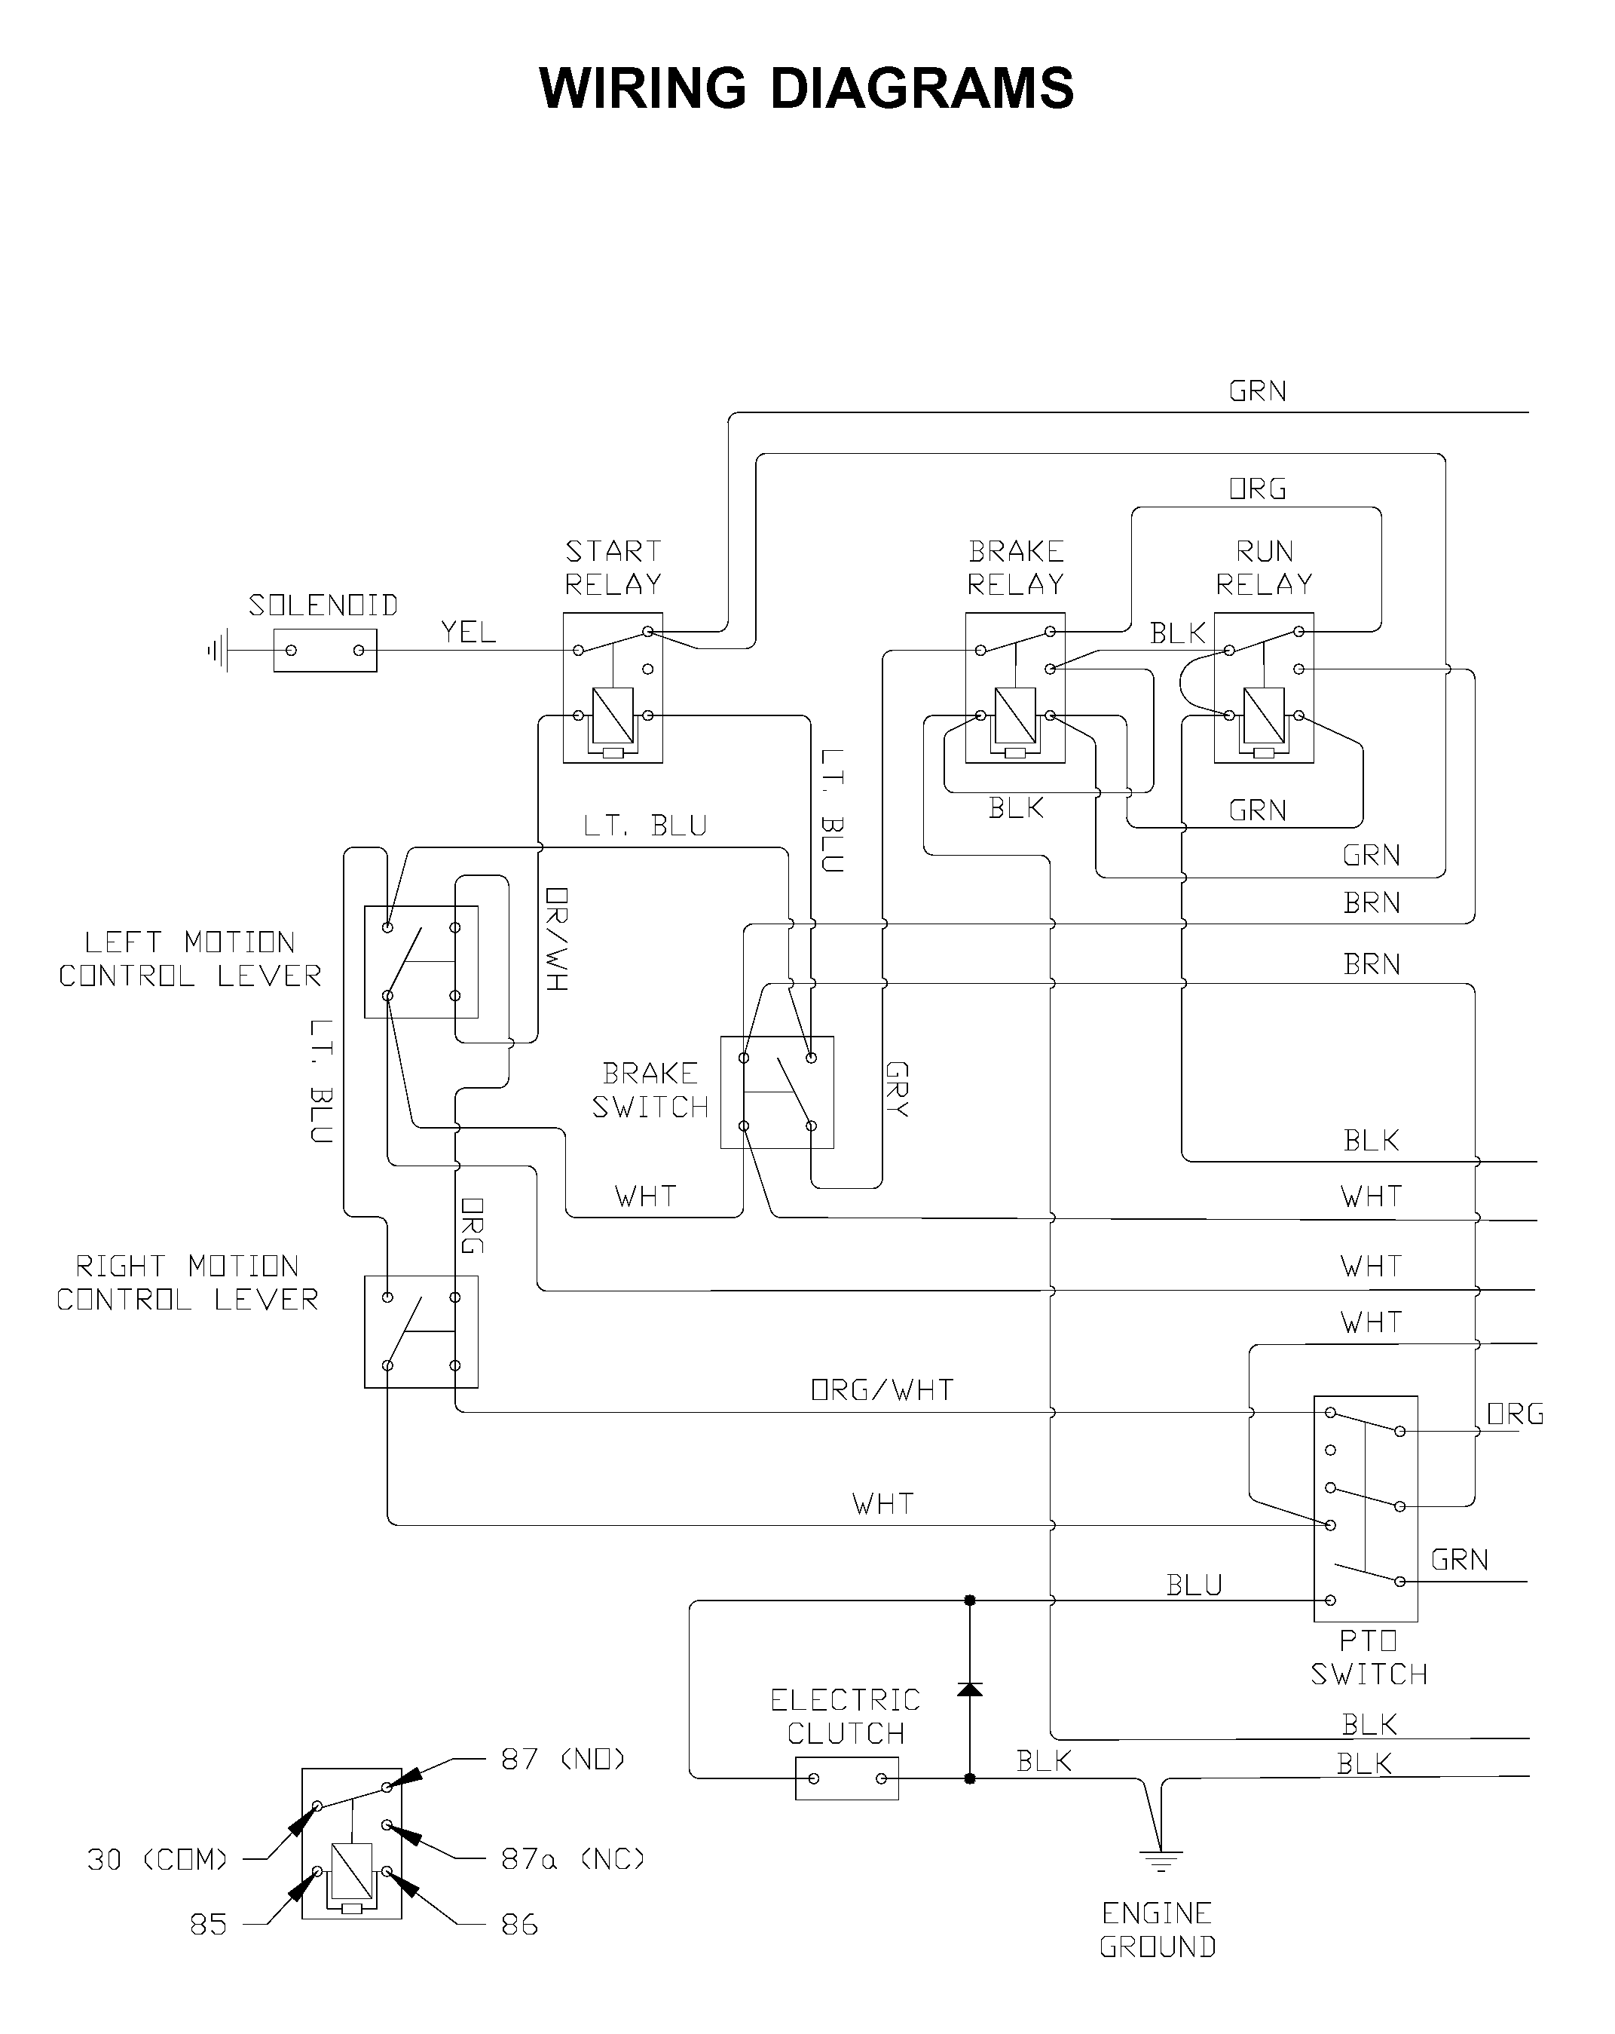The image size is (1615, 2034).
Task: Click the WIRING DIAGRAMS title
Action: pos(806,89)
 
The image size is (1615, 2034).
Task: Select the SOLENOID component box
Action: pos(325,650)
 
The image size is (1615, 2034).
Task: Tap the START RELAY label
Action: pos(613,567)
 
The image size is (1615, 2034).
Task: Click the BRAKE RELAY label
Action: pos(1016,567)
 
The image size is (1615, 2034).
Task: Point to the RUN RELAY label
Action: pos(1264,567)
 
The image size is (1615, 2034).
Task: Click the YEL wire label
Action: pos(468,632)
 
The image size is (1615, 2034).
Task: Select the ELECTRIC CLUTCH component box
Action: pos(847,1778)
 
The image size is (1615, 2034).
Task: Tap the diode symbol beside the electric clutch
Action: pos(970,1688)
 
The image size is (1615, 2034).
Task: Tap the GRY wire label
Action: pos(896,1089)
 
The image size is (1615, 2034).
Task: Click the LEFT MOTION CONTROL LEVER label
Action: pos(191,958)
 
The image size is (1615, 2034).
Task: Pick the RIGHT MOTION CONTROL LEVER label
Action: pos(188,1282)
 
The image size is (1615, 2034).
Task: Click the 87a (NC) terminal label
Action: pos(574,1858)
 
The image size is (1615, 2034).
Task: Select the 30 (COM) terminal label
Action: pos(158,1859)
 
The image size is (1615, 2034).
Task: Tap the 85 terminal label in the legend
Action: pos(209,1925)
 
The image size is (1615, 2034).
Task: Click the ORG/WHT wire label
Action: pos(882,1389)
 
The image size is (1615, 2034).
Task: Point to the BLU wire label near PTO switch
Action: pos(1194,1585)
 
